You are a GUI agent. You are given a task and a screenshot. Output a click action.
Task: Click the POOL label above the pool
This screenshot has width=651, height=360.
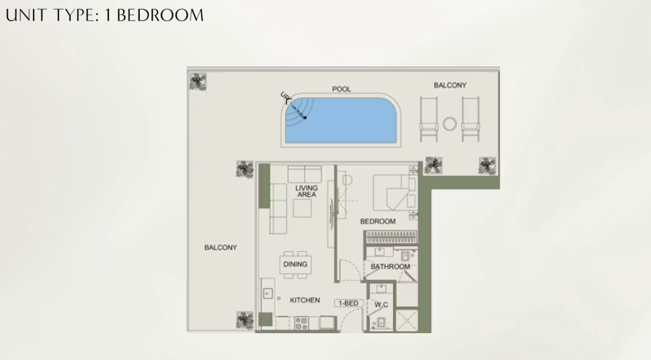[x=341, y=89]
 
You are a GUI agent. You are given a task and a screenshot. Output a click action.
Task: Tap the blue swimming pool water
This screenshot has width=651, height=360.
[x=340, y=120]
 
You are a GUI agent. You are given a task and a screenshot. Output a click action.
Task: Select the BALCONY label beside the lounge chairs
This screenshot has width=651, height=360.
[x=450, y=85]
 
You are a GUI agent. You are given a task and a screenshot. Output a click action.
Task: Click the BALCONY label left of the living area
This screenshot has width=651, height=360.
[x=221, y=247]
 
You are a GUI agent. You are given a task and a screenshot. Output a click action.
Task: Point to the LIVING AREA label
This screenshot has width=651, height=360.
[x=307, y=191]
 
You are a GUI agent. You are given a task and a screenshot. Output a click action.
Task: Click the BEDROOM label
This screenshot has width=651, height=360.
[x=378, y=221]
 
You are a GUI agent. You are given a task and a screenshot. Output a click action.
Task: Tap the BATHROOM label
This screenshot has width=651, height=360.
[x=390, y=266]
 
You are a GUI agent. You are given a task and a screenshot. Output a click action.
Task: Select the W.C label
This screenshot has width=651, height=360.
[x=381, y=304]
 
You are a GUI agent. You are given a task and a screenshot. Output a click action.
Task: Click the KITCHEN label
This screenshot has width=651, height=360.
[x=304, y=300]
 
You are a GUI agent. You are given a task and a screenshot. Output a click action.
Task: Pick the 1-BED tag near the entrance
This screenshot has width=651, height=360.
[x=348, y=304]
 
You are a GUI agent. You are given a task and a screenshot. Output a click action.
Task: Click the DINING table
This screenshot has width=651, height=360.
[x=295, y=264]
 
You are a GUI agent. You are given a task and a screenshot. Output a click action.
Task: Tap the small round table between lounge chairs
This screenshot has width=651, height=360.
[x=450, y=124]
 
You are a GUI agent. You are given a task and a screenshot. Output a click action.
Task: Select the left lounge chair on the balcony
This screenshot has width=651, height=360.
[x=429, y=119]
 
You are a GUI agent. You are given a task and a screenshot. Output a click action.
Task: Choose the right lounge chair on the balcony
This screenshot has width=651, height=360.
[x=470, y=119]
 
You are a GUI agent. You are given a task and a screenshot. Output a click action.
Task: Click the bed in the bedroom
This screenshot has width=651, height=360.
[x=394, y=193]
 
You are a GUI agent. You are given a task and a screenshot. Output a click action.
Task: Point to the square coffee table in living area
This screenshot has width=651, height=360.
[x=302, y=208]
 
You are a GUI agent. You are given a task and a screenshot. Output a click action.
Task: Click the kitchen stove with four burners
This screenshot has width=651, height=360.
[x=302, y=323]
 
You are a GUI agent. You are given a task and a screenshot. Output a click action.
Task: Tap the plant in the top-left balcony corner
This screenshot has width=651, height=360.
[x=198, y=82]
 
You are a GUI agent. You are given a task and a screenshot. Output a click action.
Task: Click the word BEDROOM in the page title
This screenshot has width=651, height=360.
[x=160, y=15]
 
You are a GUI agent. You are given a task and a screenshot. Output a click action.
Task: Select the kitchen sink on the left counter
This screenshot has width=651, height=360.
[x=267, y=294]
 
